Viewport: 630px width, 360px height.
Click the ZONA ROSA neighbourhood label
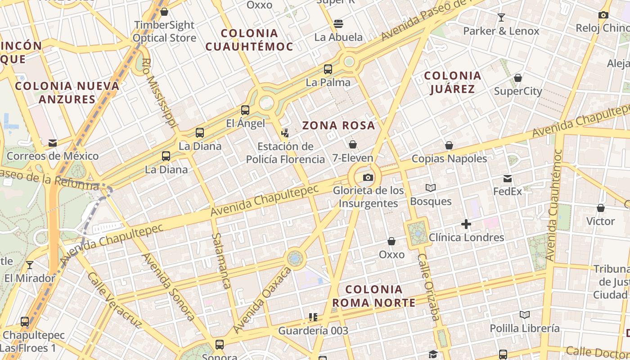point(338,126)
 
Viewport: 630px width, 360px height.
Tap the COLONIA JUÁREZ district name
point(453,82)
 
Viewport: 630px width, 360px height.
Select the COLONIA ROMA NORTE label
point(374,296)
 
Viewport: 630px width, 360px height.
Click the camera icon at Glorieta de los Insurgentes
point(368,177)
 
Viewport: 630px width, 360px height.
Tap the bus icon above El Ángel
point(245,110)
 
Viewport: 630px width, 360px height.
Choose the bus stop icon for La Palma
point(328,69)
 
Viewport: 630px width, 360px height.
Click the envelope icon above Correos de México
point(53,143)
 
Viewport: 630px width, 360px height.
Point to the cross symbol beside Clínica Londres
point(466,224)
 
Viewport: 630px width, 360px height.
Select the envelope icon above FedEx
point(508,179)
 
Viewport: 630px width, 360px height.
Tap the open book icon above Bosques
point(431,188)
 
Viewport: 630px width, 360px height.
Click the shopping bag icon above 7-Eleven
point(353,144)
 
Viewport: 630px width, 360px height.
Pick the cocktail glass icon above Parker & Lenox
point(501,18)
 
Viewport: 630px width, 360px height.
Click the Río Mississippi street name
point(159,93)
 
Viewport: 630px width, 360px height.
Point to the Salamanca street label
point(221,261)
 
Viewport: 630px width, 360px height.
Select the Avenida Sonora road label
point(168,287)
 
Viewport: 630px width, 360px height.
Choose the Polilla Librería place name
point(525,328)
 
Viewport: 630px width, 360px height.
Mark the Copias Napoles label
point(449,159)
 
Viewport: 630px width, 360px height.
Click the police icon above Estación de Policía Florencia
point(285,133)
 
